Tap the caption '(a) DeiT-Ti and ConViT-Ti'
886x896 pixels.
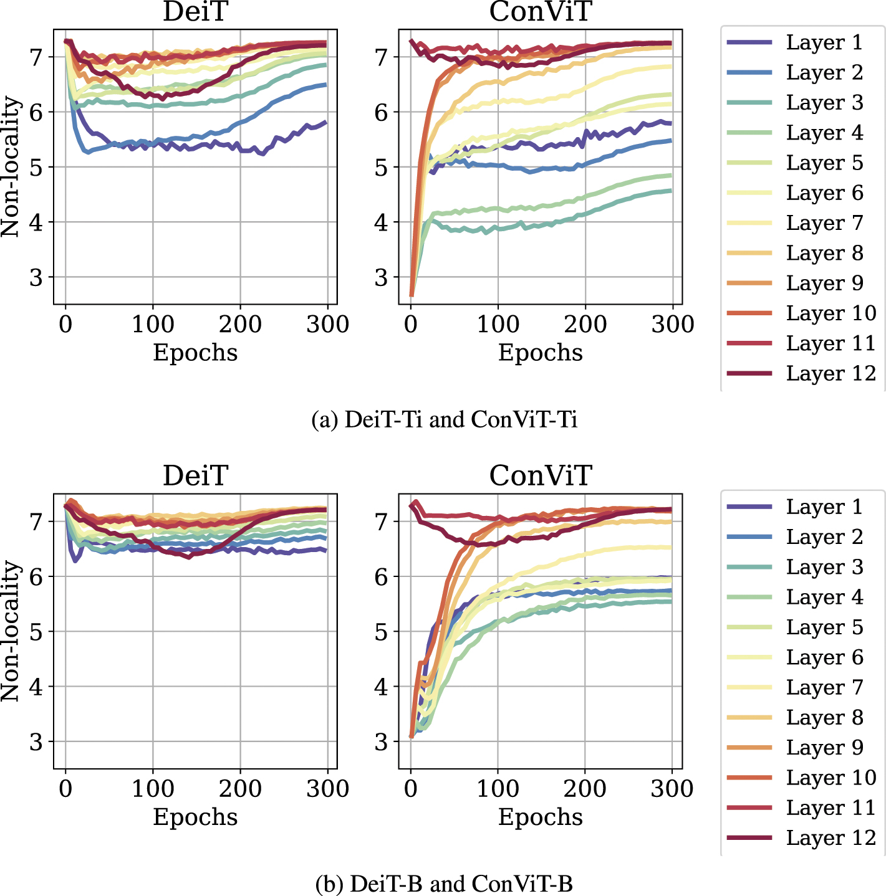(444, 419)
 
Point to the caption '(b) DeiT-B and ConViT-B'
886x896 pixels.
(444, 884)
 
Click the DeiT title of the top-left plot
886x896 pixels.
(195, 12)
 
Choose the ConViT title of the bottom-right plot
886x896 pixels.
(540, 476)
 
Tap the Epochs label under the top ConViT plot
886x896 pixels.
(540, 353)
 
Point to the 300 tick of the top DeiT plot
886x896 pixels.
(327, 325)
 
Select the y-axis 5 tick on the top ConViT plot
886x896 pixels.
(381, 168)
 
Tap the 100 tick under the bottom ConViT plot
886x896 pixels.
(497, 789)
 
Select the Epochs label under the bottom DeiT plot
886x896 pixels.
(195, 817)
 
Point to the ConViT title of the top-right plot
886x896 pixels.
(540, 12)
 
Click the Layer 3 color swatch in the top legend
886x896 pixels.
(749, 103)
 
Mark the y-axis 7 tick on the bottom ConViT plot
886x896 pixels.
(381, 522)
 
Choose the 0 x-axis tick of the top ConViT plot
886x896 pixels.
(410, 325)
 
